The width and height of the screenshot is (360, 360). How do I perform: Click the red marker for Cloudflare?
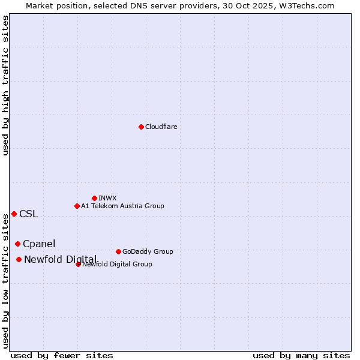pos(141,127)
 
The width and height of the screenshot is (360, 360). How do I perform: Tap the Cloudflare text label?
pos(161,127)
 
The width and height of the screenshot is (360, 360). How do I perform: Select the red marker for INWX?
pos(94,198)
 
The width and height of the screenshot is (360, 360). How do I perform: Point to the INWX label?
pos(107,198)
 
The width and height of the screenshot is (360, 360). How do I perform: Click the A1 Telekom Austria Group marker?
pos(77,206)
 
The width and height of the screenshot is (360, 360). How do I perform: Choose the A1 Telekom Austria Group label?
pos(122,206)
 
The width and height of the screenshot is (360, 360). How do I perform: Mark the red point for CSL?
pos(14,214)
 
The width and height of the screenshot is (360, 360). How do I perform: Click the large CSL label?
pos(28,214)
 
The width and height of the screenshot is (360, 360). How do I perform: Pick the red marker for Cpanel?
pos(17,244)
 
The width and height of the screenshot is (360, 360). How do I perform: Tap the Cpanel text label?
pos(39,244)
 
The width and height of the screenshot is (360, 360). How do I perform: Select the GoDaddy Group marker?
pos(118,251)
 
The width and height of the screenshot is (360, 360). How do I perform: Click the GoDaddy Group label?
pos(148,252)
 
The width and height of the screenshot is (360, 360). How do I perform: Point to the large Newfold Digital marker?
pos(19,259)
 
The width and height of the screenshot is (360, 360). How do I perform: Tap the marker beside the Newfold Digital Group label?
pos(78,264)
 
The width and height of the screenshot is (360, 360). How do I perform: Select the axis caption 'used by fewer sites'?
pos(62,355)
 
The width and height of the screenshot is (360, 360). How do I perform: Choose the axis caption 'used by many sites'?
pos(301,355)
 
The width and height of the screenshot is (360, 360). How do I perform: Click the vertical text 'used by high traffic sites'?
pos(6,85)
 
